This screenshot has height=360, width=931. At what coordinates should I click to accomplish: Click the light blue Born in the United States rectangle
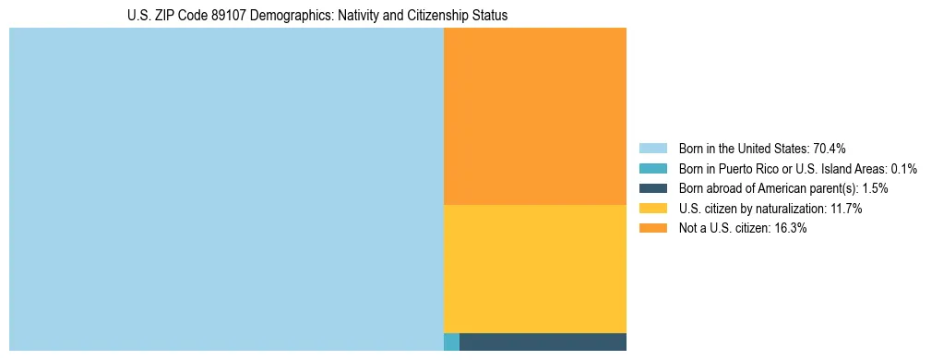[226, 189]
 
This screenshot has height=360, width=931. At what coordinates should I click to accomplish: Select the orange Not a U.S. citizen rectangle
[535, 115]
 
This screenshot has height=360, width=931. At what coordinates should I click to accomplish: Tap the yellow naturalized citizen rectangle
[535, 268]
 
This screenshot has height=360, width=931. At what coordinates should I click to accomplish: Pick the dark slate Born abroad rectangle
[543, 342]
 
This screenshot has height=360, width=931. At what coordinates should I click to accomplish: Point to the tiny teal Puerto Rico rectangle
[451, 342]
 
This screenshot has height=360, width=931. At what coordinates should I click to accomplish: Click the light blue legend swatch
[652, 149]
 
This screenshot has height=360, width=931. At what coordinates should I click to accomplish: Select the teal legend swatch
[652, 169]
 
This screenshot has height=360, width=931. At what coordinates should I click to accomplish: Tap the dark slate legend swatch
[652, 188]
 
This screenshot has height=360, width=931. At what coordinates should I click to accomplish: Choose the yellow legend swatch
[652, 209]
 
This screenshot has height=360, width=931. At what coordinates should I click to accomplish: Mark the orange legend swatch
[652, 229]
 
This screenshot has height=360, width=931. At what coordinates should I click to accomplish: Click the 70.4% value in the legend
[830, 149]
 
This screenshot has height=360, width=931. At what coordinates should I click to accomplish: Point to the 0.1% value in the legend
[903, 169]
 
